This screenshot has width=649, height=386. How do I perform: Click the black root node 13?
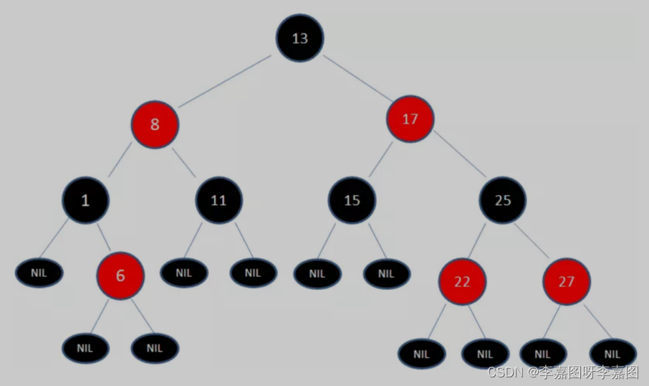300,38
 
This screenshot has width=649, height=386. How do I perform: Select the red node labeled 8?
155,124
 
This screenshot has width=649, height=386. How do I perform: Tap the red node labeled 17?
410,119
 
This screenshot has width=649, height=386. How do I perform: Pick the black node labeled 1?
85,200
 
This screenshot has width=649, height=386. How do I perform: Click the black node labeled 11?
218,200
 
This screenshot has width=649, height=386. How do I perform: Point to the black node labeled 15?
352,200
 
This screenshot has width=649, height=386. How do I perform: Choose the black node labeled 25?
503,200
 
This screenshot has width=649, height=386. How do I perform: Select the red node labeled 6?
120,275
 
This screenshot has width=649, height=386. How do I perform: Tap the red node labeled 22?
463,281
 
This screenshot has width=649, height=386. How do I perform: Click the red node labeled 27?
567,281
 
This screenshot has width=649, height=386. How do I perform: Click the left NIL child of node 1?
39,273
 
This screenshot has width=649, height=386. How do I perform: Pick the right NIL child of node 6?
155,348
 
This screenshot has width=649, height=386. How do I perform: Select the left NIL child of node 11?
184,273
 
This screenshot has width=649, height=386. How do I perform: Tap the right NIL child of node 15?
387,273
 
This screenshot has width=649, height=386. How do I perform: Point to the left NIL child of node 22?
422,354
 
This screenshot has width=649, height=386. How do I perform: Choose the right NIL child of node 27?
613,354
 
